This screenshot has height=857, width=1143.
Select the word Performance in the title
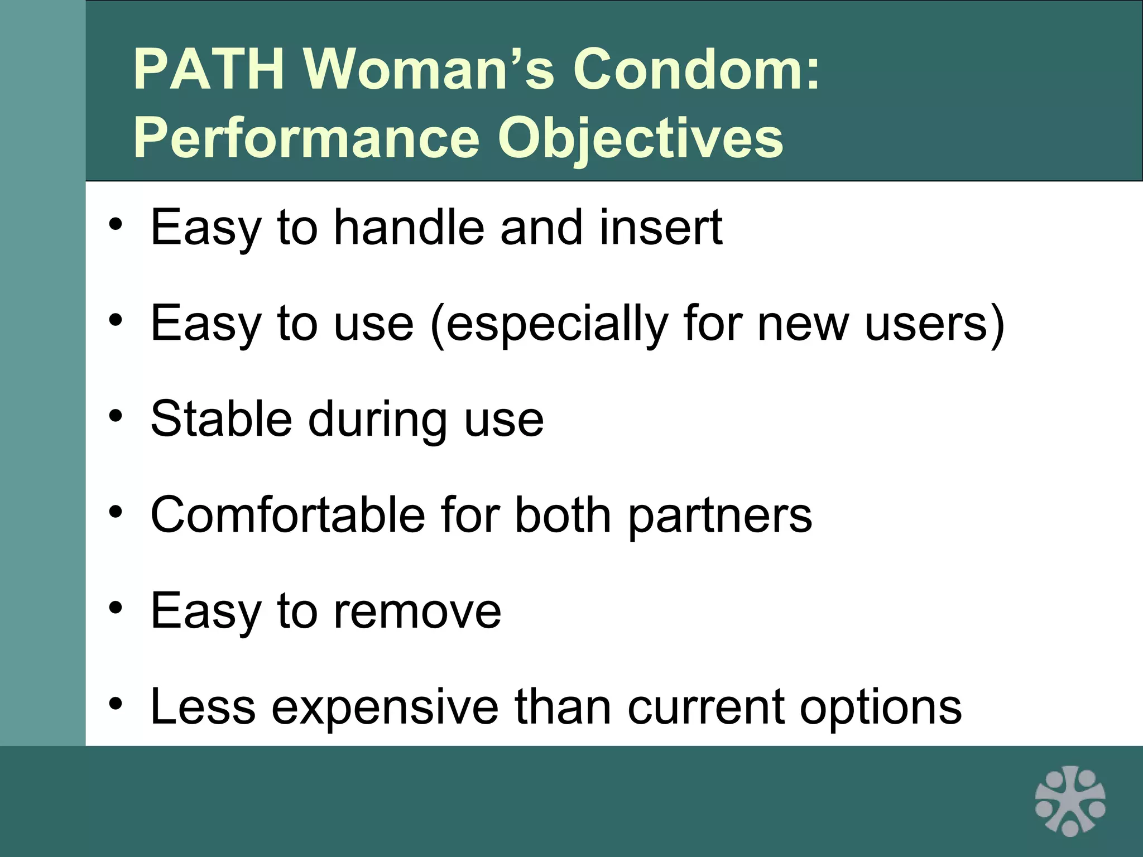point(306,138)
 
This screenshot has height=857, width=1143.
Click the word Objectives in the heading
point(641,138)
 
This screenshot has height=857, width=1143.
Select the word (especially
point(549,325)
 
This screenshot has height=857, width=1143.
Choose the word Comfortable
point(287,515)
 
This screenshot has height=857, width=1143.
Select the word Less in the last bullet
point(203,707)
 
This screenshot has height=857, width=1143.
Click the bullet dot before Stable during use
point(116,416)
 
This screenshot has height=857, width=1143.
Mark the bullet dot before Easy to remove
point(116,608)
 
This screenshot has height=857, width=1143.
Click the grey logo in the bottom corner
point(1070,801)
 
